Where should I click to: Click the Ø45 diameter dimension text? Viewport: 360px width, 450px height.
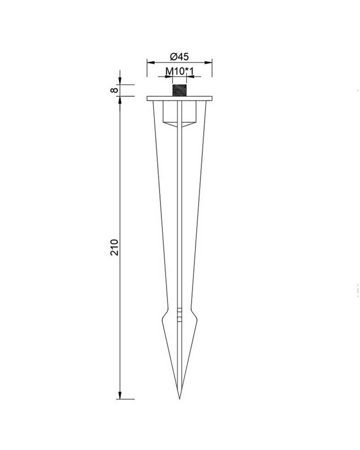(179, 57)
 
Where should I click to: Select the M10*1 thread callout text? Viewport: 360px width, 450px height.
(179, 71)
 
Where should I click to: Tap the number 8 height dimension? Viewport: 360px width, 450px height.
(114, 90)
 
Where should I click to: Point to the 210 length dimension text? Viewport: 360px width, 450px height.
(114, 247)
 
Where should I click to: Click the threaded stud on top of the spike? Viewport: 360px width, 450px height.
(179, 89)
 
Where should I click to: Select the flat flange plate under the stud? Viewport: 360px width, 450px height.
(179, 98)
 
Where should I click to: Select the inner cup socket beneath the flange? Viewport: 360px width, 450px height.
(179, 115)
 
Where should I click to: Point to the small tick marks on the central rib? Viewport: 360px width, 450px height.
(179, 313)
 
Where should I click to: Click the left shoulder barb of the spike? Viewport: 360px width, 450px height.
(163, 318)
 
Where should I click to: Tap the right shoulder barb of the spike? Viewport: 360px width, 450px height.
(195, 318)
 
